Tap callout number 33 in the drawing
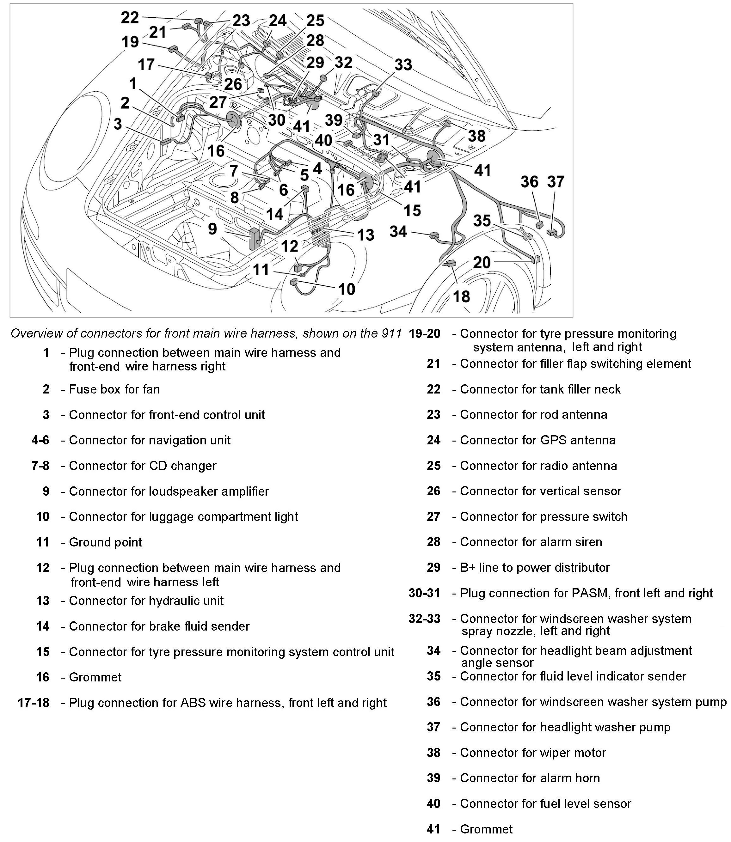point(403,64)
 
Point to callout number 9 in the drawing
point(212,229)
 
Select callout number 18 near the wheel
point(461,296)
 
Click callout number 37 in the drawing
point(556,181)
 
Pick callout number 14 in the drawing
point(274,214)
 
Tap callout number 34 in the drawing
point(398,232)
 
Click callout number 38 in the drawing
point(476,136)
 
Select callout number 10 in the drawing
point(346,289)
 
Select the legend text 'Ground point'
point(105,542)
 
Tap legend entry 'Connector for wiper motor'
point(533,753)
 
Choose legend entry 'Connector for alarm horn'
point(530,778)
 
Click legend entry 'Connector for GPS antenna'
point(537,440)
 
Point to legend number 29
point(433,568)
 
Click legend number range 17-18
point(34,703)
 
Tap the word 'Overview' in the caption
point(37,333)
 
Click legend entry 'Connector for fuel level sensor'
point(545,804)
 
